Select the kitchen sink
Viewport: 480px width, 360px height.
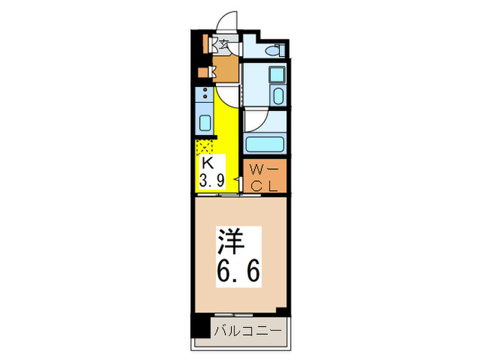[x=205, y=124]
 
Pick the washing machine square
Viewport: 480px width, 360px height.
[x=278, y=75]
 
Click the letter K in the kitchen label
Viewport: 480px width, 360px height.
[x=206, y=165]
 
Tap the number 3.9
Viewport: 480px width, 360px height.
[x=211, y=182]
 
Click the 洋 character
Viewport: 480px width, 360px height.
[x=232, y=242]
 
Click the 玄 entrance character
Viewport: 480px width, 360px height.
[x=223, y=46]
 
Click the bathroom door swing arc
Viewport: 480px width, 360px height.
[x=255, y=121]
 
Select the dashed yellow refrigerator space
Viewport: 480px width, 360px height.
[x=205, y=146]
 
